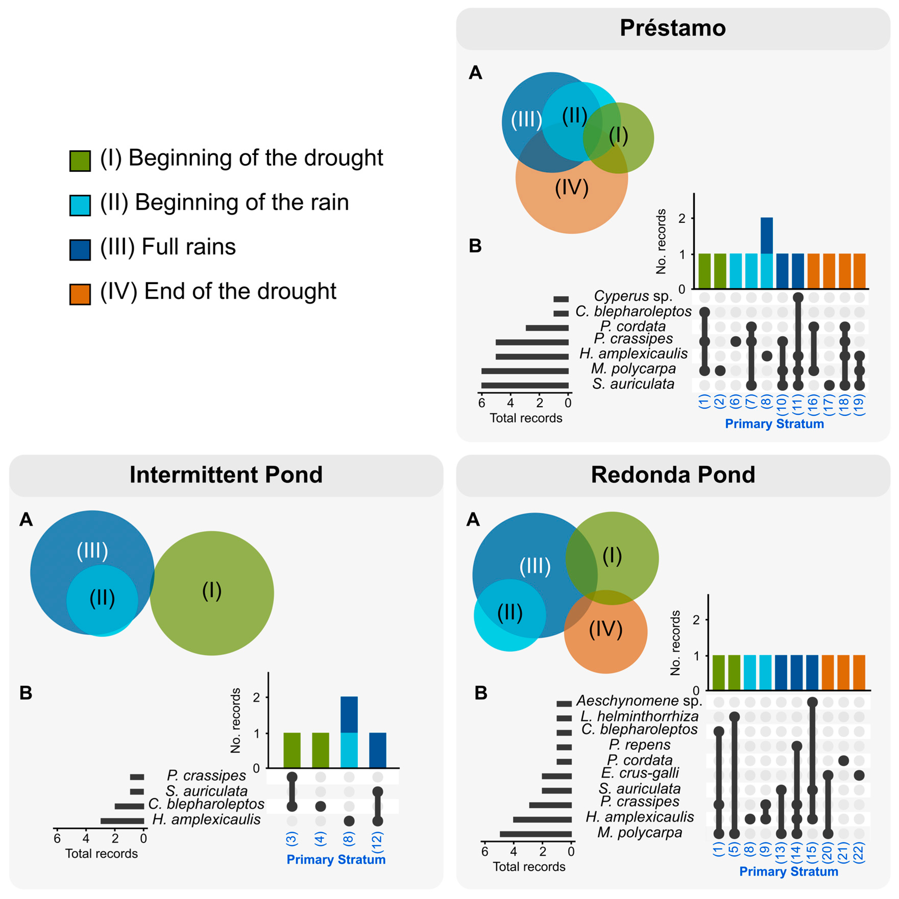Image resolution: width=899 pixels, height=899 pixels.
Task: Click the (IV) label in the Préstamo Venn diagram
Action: point(572,188)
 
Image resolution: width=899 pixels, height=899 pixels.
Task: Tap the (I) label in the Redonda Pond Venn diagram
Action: point(612,556)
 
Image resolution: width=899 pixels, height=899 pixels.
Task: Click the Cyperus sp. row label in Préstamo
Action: point(633,296)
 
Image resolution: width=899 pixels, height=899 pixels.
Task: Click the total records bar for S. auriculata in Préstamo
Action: point(525,385)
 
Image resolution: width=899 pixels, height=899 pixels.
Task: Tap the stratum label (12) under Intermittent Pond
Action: point(377,840)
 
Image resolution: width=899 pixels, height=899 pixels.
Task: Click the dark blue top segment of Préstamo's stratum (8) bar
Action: point(766,235)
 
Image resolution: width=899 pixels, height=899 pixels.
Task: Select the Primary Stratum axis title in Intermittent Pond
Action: point(336,859)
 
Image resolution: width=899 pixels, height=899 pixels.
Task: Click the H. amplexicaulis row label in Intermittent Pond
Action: point(206,819)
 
